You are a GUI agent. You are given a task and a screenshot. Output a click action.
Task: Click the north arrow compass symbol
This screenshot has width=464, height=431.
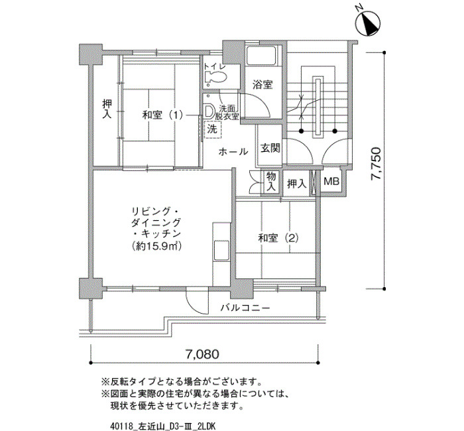click(369, 25)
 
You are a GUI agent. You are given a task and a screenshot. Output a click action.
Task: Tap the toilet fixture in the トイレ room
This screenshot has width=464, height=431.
click(215, 78)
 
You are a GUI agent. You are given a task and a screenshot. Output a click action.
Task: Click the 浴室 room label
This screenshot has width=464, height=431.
click(262, 85)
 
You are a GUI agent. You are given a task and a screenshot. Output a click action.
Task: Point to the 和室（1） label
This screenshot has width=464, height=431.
click(162, 115)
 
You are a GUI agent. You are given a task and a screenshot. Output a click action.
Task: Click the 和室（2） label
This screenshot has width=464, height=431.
click(278, 238)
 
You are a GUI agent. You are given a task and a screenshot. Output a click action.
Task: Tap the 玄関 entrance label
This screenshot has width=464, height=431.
click(270, 147)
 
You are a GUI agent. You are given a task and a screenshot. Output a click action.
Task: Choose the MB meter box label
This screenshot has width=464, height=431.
click(331, 181)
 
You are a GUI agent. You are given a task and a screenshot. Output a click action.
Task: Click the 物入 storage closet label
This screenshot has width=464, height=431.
click(271, 181)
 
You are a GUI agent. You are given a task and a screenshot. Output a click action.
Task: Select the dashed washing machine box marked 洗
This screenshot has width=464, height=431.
click(212, 129)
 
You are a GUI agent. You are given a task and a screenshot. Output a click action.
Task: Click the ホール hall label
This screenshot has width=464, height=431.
click(233, 152)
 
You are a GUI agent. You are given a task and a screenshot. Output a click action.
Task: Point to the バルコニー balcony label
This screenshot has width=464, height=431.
click(246, 308)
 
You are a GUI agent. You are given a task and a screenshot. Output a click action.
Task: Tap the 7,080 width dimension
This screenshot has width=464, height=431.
click(203, 354)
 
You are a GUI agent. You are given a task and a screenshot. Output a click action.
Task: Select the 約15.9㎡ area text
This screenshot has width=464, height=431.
click(156, 246)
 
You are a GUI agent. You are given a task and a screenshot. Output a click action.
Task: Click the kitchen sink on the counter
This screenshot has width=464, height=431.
click(221, 250)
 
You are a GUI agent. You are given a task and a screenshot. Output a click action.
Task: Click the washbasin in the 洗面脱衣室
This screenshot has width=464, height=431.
click(209, 111)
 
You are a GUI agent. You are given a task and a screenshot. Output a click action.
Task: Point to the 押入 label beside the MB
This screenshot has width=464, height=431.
click(296, 184)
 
